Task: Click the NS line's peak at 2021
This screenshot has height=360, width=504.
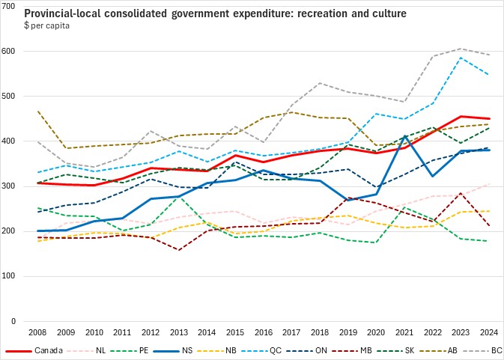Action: tap(405, 136)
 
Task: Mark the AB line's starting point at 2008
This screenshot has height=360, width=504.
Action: tap(37, 112)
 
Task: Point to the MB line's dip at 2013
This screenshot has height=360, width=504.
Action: tap(179, 250)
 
